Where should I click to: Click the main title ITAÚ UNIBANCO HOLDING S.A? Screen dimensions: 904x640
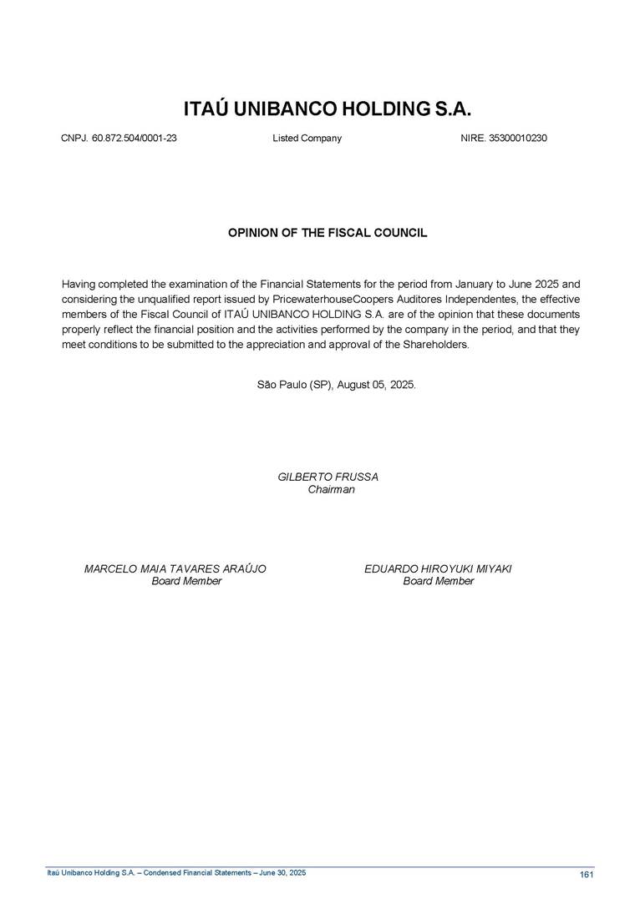click(x=328, y=110)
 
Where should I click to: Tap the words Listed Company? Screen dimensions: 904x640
click(x=307, y=139)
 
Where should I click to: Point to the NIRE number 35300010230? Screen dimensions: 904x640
click(x=517, y=139)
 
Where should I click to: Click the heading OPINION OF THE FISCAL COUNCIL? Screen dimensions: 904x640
click(x=328, y=233)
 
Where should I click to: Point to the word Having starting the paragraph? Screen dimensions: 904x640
click(x=80, y=283)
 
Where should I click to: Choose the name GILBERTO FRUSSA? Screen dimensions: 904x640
click(x=328, y=477)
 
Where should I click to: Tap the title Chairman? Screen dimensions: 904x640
click(x=331, y=489)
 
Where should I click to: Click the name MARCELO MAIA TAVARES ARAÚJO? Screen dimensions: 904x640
click(x=175, y=568)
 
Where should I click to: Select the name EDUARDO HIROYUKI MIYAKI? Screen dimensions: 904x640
click(x=438, y=568)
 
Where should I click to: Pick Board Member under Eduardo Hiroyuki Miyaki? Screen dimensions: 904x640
click(x=438, y=581)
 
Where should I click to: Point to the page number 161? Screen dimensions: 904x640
click(x=586, y=874)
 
